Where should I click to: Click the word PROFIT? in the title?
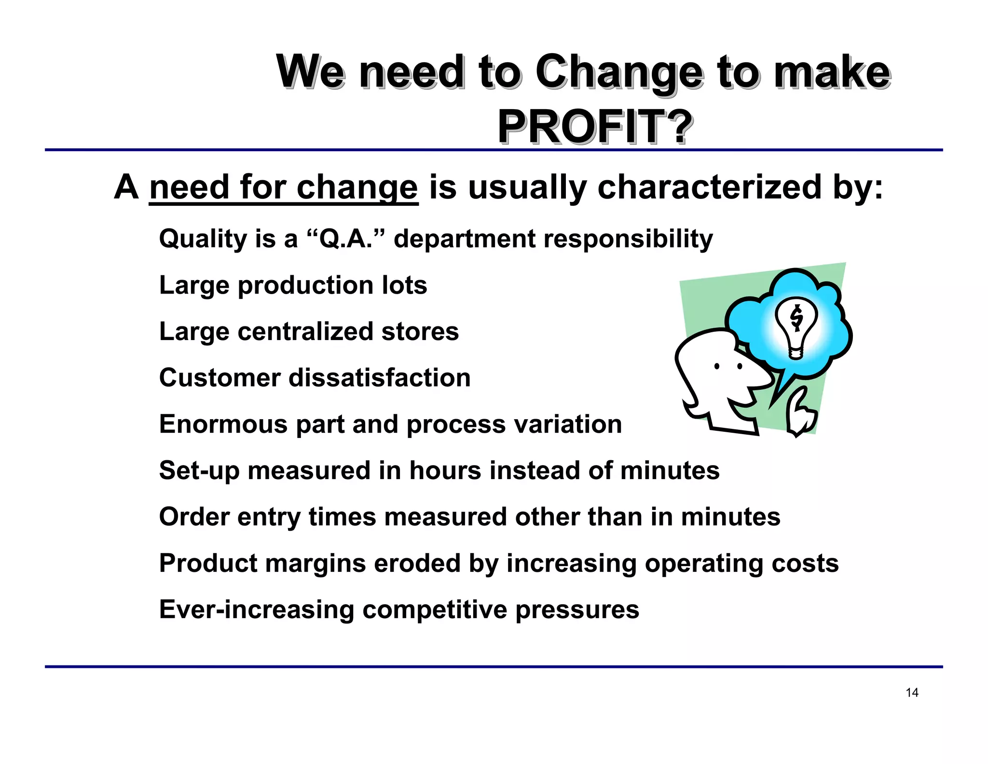click(595, 127)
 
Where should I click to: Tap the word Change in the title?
click(619, 72)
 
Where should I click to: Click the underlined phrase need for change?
click(283, 187)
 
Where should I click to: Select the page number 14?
click(912, 693)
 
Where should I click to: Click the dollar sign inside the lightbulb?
click(796, 318)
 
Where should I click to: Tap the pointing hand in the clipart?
click(801, 413)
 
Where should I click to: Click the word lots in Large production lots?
click(404, 285)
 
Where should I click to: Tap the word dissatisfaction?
click(379, 378)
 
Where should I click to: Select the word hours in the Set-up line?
click(445, 470)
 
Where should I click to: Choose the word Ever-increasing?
click(257, 609)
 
